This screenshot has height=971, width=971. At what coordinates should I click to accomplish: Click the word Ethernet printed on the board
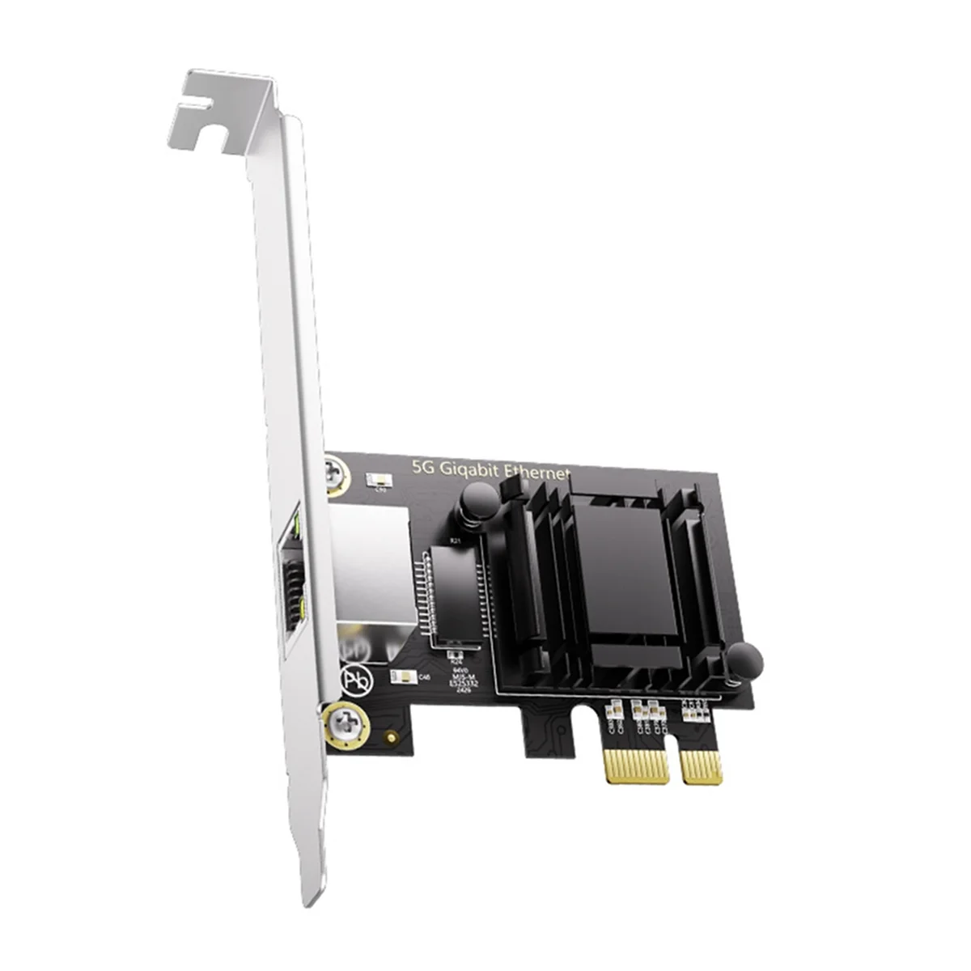point(537,472)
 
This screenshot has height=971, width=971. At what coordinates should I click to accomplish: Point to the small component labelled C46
point(402,676)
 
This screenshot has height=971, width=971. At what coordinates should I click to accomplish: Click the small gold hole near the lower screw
point(391,738)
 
